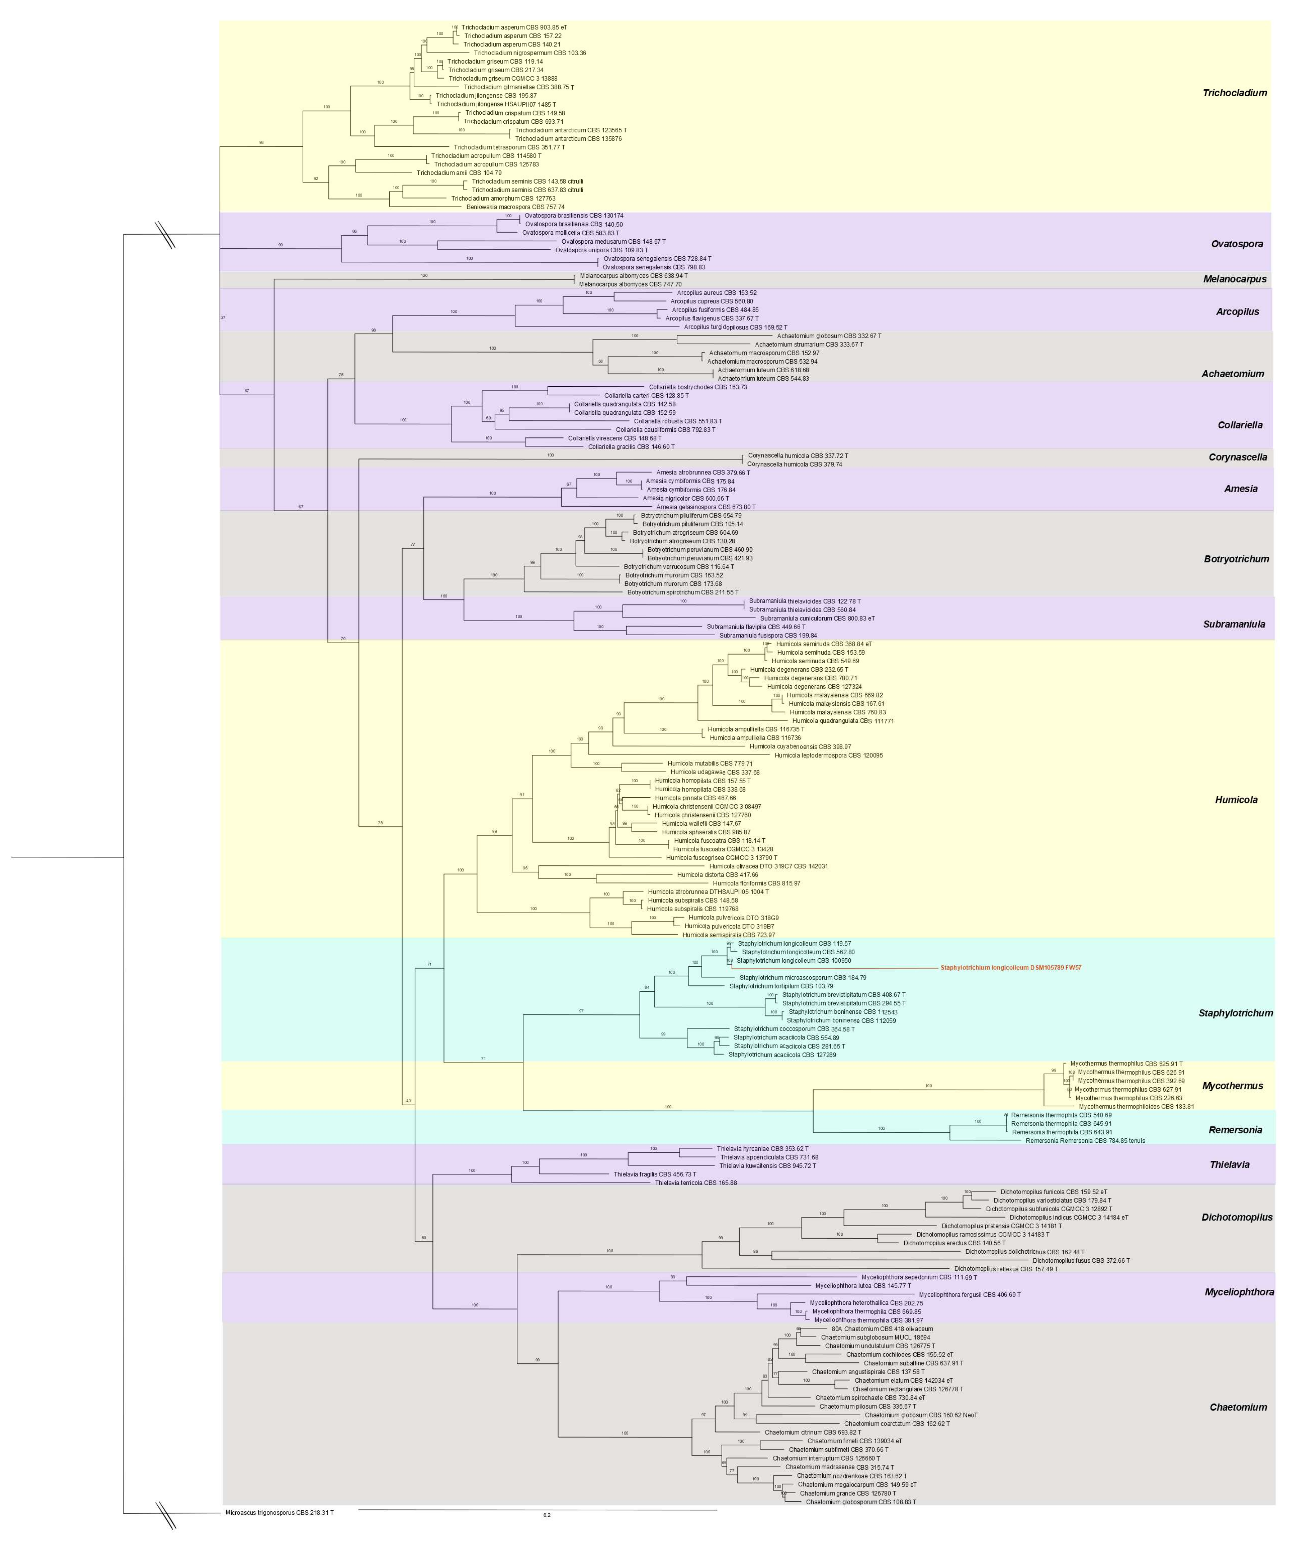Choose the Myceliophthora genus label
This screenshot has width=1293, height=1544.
pyautogui.click(x=1238, y=1292)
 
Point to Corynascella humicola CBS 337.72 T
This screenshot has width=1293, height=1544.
pyautogui.click(x=797, y=456)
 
